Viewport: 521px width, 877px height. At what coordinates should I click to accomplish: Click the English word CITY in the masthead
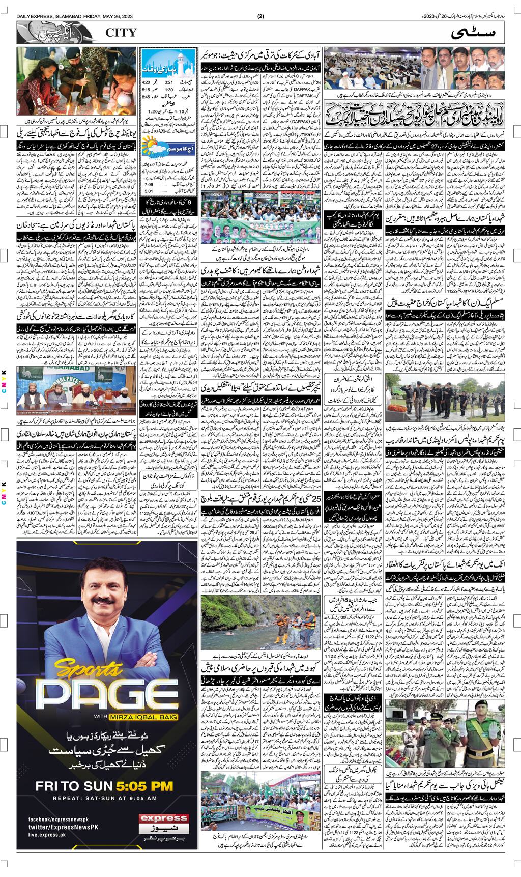(121, 33)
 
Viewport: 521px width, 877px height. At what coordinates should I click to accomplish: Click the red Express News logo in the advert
(164, 823)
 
